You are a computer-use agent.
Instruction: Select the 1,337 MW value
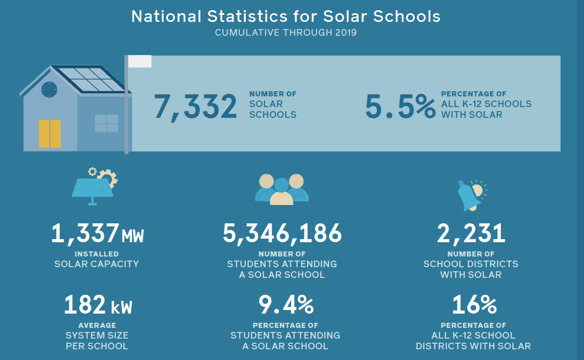click(97, 234)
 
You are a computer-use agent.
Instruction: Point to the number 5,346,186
click(282, 234)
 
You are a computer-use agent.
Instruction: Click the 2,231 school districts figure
click(471, 234)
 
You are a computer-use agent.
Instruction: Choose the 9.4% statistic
click(286, 305)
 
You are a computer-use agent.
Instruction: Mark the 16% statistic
click(474, 305)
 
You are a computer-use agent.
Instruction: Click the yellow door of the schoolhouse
click(49, 134)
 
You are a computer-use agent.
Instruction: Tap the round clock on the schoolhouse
click(49, 89)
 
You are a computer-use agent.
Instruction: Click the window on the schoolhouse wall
click(106, 123)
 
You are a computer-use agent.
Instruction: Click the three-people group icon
click(282, 190)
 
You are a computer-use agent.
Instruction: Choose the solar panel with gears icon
click(95, 187)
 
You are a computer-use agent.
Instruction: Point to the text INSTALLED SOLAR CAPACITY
click(97, 259)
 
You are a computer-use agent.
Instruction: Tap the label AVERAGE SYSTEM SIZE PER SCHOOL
click(97, 336)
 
